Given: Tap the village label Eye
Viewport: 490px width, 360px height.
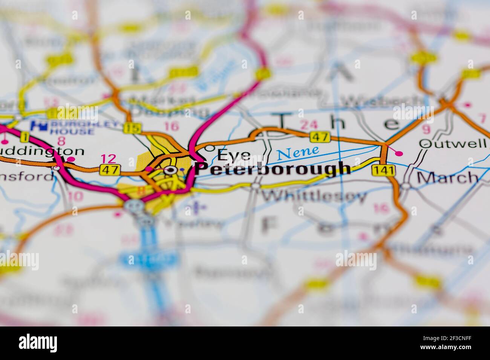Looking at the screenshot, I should coord(234,155).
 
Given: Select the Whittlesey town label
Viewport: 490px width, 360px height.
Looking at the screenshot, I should coord(314,196).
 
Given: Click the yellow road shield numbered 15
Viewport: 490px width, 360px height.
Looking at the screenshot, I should coord(132,128).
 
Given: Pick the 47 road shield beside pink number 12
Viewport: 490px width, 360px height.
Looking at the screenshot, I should coord(110,170).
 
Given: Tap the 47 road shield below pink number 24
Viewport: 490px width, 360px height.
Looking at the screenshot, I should coord(320,137).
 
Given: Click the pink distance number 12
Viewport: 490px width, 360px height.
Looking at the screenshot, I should coord(109,159).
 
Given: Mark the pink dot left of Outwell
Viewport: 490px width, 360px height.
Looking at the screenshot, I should coord(399,153).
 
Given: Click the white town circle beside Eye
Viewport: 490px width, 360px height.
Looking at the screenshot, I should coord(210,147).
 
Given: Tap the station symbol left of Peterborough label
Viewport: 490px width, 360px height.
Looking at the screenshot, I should coord(171,170).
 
